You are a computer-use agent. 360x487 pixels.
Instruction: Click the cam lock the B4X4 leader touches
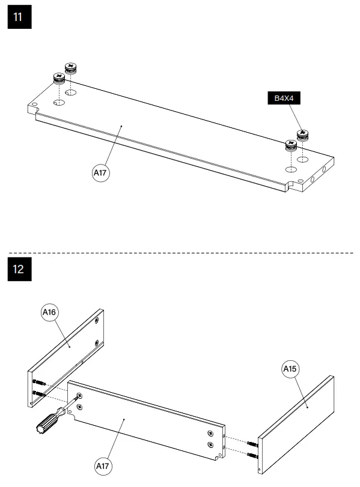(302, 134)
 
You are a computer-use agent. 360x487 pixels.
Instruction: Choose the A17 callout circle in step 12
(103, 465)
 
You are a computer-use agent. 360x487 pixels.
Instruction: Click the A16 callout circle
(50, 312)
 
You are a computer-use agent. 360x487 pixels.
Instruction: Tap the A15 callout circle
(291, 369)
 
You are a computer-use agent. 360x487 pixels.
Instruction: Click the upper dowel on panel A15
(253, 444)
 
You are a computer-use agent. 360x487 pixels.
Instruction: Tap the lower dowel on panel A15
(253, 455)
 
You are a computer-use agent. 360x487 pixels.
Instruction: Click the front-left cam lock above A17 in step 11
(59, 78)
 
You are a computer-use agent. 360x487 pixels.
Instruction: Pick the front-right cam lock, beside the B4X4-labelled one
(291, 145)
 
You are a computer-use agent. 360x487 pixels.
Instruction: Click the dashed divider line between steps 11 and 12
(180, 253)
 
